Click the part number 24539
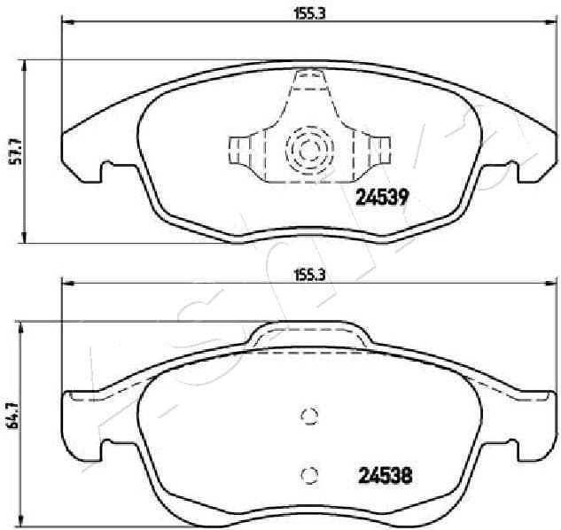381,199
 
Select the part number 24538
386,474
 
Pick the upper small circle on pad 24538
309,417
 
